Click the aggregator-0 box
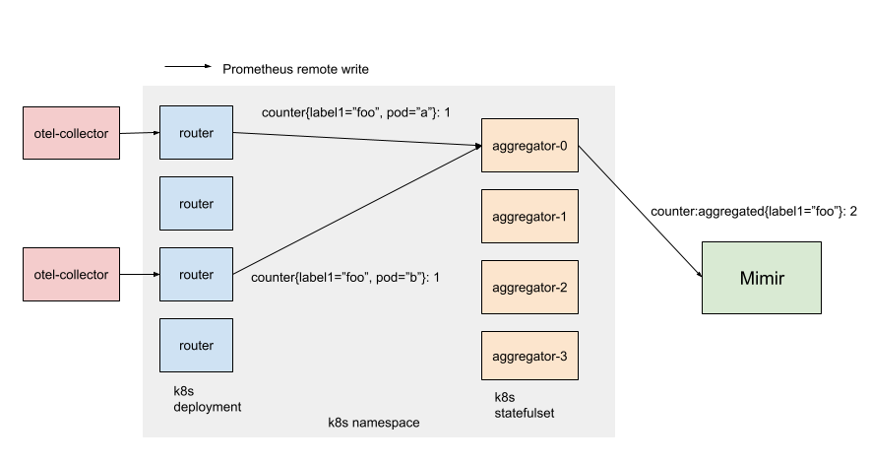[529, 146]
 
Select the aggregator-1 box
[529, 217]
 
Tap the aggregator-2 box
[529, 287]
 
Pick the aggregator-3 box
[529, 357]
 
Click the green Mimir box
[761, 278]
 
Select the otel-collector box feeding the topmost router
[71, 133]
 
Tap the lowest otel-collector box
[71, 274]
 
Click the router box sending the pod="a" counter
[196, 133]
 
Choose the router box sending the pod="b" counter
[196, 274]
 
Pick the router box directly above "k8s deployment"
[196, 345]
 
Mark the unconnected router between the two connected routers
[196, 204]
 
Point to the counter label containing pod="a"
[355, 112]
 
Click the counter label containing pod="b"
[344, 277]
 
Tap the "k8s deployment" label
[207, 399]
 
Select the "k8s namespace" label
[373, 423]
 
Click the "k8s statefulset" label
[524, 405]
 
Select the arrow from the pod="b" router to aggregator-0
[354, 212]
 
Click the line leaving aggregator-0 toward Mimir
[597, 166]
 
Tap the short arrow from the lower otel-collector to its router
[139, 274]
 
